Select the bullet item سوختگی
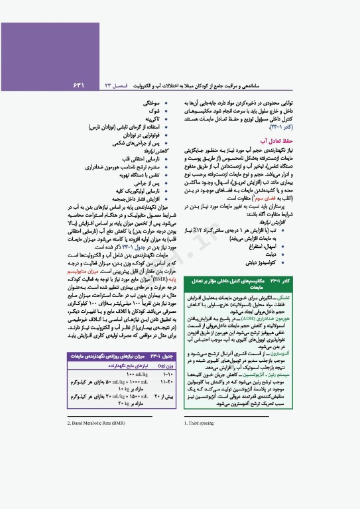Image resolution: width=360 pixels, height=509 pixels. point(150,104)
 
